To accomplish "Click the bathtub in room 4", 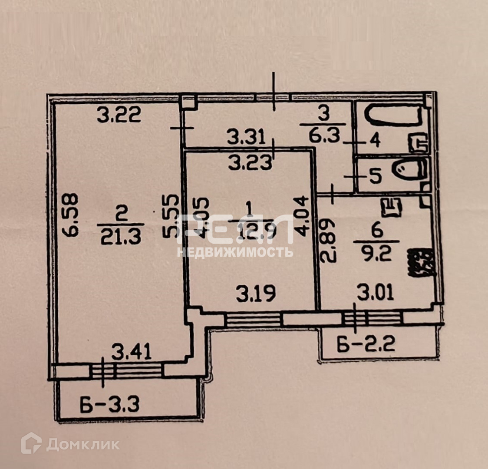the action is click(393, 116).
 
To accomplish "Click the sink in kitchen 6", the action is click(392, 207).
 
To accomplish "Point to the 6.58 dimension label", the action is click(71, 215).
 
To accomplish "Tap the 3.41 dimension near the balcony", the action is click(131, 352).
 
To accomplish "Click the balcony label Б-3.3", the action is click(109, 405).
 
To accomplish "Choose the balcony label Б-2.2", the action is click(366, 345).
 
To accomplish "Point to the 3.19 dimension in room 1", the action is click(256, 294).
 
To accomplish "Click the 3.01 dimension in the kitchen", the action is click(376, 292).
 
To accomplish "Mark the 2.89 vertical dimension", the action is click(329, 241).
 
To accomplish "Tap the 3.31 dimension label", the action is click(247, 139).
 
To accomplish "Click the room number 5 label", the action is click(375, 176).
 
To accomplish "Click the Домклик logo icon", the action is click(31, 443).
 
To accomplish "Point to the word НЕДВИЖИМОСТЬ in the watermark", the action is click(235, 252).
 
